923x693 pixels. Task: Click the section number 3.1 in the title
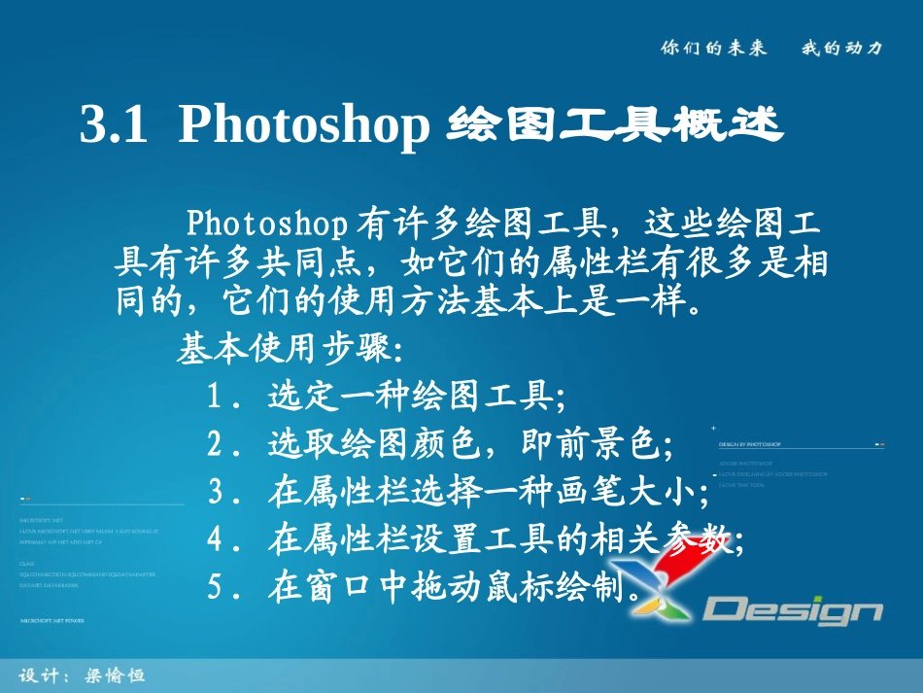113,126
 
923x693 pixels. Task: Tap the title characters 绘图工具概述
615,126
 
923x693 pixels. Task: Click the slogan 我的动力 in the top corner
841,47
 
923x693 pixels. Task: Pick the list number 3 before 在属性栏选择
218,493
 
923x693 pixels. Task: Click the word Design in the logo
793,610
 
